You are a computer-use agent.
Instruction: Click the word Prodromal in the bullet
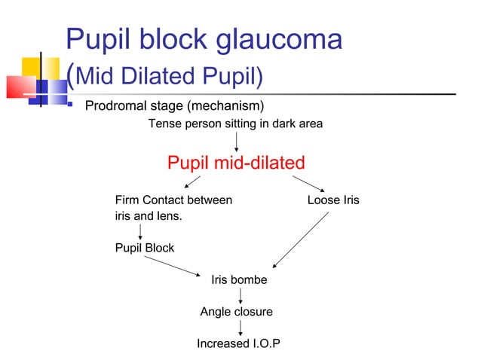tap(120, 104)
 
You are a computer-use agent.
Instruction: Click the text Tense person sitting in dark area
tap(235, 124)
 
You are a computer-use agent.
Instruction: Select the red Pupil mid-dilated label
tap(235, 163)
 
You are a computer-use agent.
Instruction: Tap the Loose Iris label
tap(333, 200)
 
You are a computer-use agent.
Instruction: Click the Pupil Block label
tap(144, 248)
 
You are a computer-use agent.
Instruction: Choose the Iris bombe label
tap(239, 280)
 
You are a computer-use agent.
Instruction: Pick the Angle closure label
tap(236, 312)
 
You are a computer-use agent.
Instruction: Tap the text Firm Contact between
tap(173, 200)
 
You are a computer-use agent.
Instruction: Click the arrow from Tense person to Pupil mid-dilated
tap(237, 140)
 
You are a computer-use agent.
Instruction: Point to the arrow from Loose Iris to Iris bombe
tap(302, 239)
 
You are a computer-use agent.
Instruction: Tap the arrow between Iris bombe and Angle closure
tap(240, 296)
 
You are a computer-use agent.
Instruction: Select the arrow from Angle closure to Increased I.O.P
tap(240, 328)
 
